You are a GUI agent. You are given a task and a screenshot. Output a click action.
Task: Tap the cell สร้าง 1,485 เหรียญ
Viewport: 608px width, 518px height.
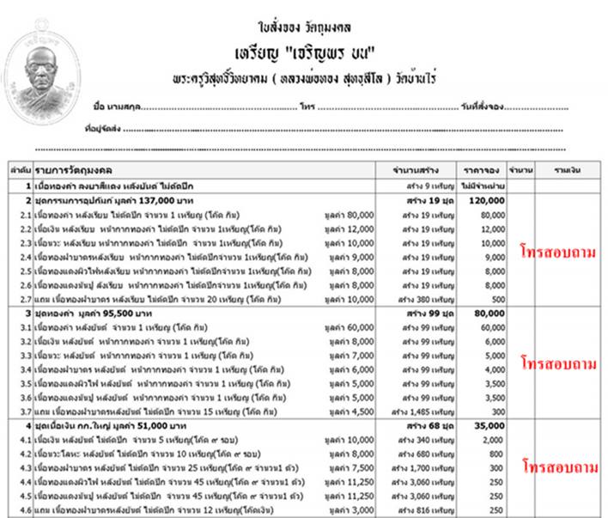tap(418, 411)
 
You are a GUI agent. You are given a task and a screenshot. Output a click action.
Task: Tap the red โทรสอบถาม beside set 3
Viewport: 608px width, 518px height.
tap(558, 362)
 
